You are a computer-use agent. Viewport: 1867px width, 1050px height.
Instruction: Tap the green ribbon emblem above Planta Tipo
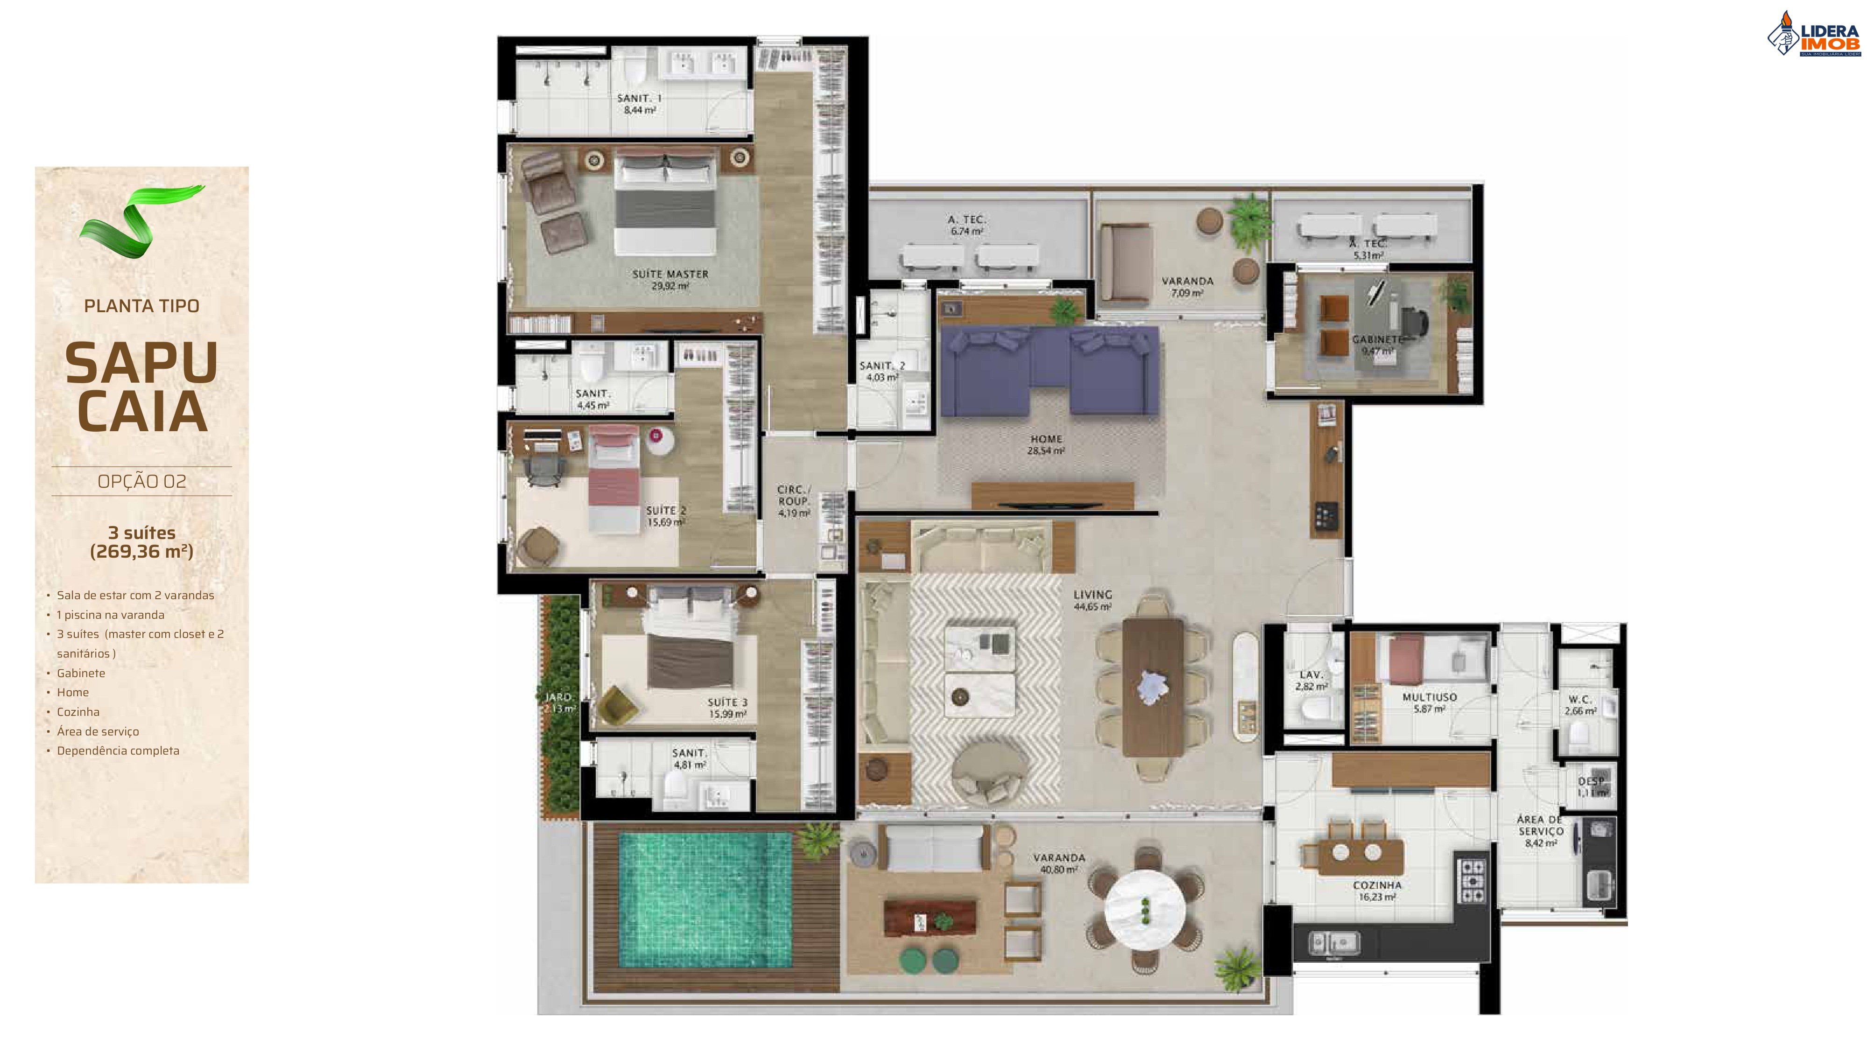tap(141, 221)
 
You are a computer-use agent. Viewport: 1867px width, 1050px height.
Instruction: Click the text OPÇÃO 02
tap(142, 481)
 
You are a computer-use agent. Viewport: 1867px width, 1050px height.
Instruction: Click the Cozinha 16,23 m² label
tap(1377, 890)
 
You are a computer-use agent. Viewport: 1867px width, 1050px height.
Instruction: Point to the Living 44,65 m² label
tap(1092, 600)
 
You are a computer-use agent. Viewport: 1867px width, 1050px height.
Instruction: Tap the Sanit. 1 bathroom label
tap(639, 104)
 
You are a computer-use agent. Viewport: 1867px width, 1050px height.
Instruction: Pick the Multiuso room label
tap(1429, 702)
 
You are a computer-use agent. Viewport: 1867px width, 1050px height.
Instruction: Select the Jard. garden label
tap(559, 702)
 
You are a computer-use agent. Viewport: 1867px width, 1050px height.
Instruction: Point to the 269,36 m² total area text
tap(142, 552)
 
